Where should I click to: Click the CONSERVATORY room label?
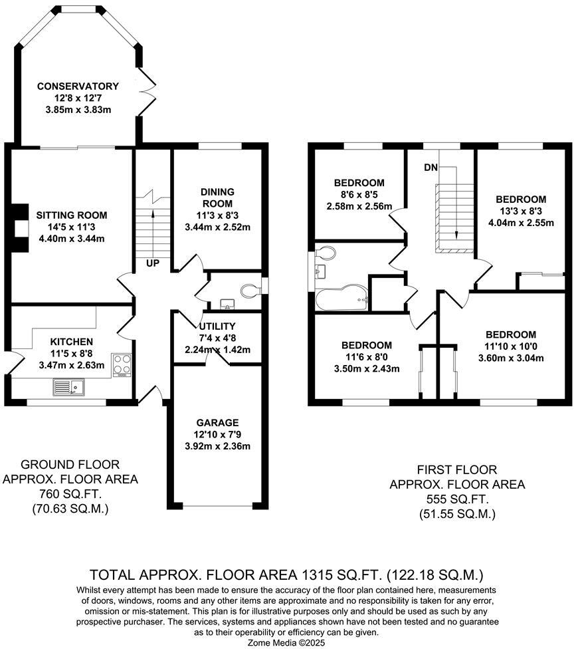(x=78, y=86)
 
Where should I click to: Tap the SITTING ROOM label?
(x=72, y=215)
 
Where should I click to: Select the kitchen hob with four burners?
(x=122, y=364)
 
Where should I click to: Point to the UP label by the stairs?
(x=153, y=264)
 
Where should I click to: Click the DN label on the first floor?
(x=430, y=168)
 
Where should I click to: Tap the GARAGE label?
(x=217, y=422)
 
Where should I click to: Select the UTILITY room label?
(x=217, y=326)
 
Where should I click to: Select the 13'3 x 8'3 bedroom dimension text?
(x=521, y=211)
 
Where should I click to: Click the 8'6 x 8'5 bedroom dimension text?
(x=359, y=195)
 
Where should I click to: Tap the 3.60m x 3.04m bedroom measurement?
(x=510, y=358)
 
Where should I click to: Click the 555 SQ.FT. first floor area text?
(x=457, y=499)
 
